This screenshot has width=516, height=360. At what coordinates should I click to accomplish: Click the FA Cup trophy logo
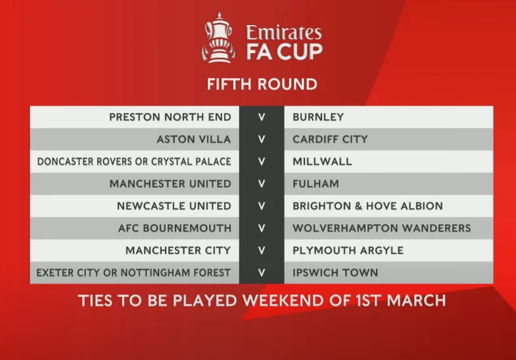(218, 38)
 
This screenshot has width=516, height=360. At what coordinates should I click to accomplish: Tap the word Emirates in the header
(284, 33)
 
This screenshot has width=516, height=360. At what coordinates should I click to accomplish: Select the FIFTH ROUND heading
(262, 84)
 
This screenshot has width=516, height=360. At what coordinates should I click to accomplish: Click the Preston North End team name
(170, 117)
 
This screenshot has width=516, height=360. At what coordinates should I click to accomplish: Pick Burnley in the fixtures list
(318, 117)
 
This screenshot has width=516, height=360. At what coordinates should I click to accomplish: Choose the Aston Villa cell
(194, 139)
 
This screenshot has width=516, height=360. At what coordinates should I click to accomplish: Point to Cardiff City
(330, 139)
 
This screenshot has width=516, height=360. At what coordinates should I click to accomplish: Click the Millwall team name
(322, 162)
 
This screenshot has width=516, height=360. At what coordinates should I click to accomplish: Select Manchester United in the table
(170, 184)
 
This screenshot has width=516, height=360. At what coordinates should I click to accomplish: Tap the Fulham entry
(316, 184)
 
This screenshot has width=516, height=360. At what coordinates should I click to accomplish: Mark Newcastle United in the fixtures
(174, 206)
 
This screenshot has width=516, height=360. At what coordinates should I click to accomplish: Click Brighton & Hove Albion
(367, 206)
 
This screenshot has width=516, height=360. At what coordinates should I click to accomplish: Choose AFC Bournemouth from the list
(175, 228)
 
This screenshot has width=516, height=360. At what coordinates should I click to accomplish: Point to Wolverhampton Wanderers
(382, 228)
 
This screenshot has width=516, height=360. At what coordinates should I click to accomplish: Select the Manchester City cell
(178, 250)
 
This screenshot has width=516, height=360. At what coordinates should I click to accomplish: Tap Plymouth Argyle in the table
(348, 250)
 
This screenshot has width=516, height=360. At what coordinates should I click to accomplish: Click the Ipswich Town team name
(335, 273)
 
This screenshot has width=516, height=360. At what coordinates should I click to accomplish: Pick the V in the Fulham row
(262, 184)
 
